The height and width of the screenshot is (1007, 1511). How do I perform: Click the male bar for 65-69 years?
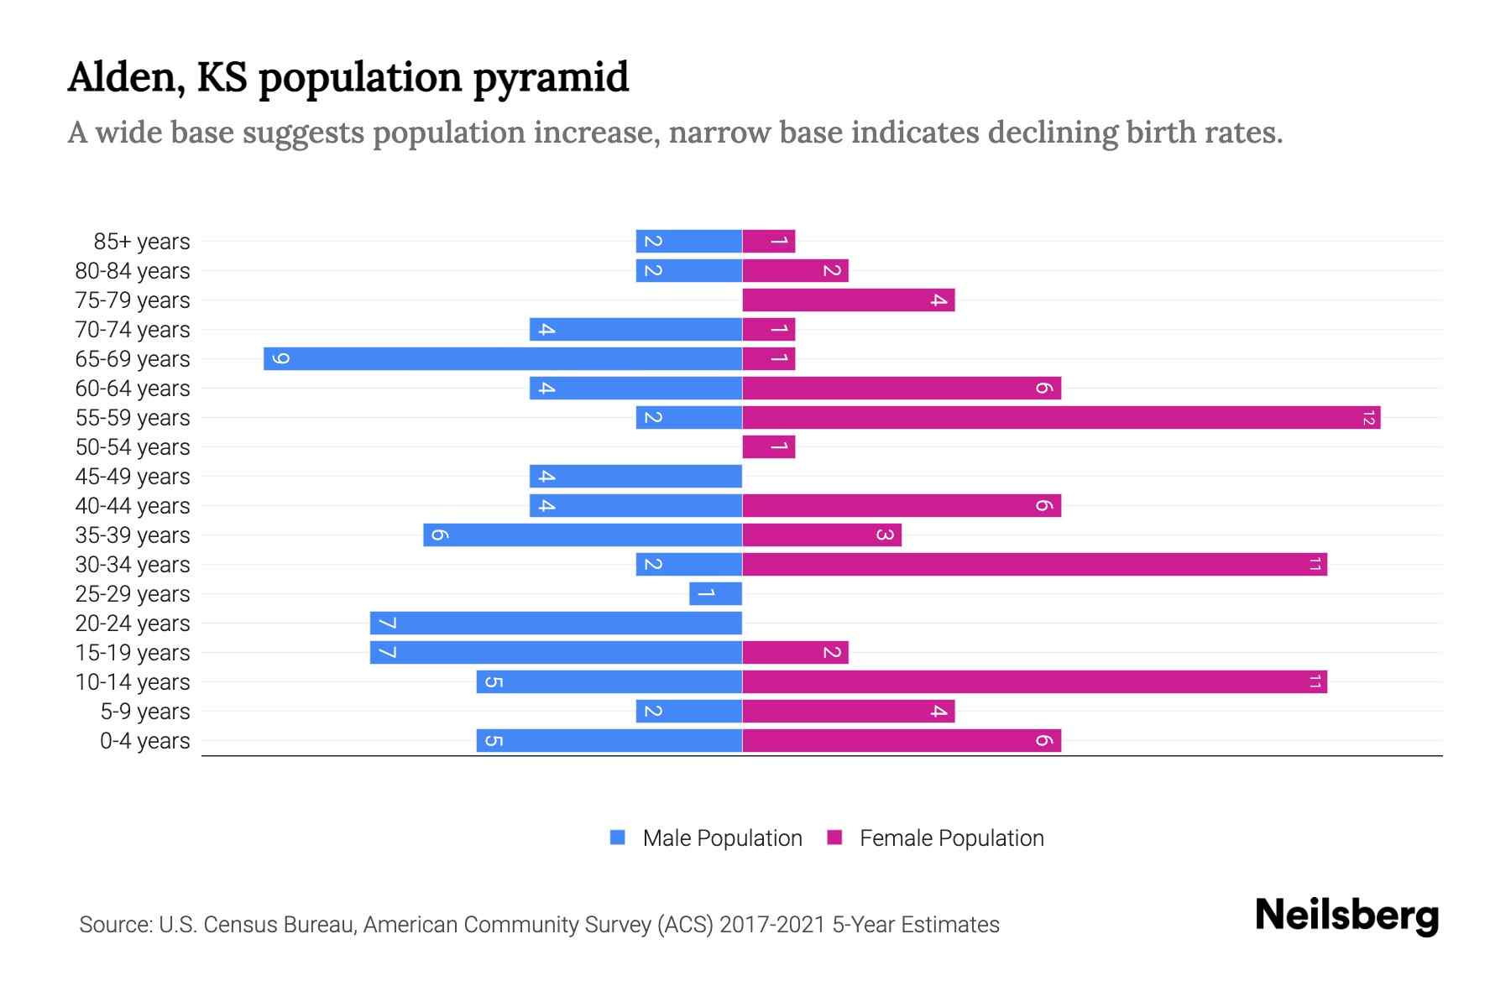pyautogui.click(x=502, y=359)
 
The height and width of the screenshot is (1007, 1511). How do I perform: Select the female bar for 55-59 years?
pyautogui.click(x=1061, y=418)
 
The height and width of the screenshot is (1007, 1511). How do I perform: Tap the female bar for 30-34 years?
pyautogui.click(x=1034, y=565)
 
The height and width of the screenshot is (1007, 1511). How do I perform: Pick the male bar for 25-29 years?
pyautogui.click(x=715, y=594)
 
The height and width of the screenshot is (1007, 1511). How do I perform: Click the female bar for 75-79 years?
pyautogui.click(x=848, y=300)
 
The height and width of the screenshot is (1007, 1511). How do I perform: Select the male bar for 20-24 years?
pyautogui.click(x=556, y=624)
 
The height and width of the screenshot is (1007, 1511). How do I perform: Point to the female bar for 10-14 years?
pyautogui.click(x=1034, y=682)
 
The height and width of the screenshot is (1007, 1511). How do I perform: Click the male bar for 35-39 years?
pyautogui.click(x=583, y=535)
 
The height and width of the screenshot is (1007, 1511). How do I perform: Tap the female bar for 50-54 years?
pyautogui.click(x=768, y=447)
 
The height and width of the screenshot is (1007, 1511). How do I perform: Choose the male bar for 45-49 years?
pyautogui.click(x=635, y=477)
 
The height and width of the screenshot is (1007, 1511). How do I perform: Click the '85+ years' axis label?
pyautogui.click(x=142, y=242)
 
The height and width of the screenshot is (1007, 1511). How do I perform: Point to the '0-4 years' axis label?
pyautogui.click(x=144, y=741)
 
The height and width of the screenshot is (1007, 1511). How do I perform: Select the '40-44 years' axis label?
pyautogui.click(x=133, y=506)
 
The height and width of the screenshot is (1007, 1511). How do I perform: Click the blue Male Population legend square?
pyautogui.click(x=618, y=837)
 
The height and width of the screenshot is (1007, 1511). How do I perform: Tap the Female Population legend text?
pyautogui.click(x=951, y=838)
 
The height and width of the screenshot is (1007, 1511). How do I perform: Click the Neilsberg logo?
pyautogui.click(x=1346, y=916)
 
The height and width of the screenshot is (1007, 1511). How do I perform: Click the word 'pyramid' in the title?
pyautogui.click(x=550, y=78)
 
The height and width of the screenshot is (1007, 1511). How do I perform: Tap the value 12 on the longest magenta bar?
pyautogui.click(x=1368, y=418)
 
